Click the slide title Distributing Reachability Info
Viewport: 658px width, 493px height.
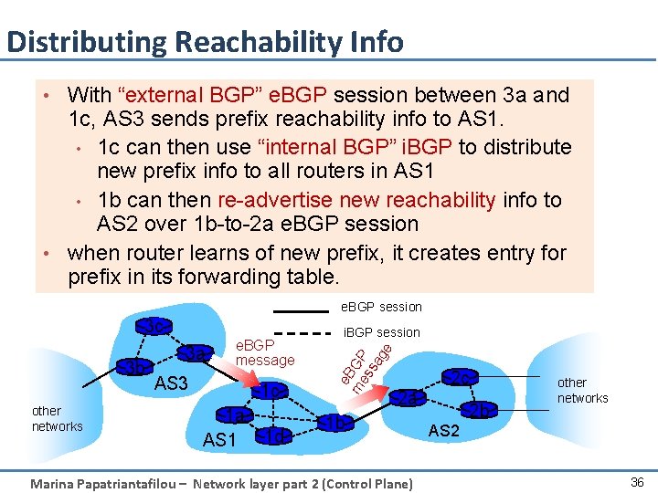204,42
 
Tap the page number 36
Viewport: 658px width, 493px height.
637,481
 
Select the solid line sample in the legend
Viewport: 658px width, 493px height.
301,308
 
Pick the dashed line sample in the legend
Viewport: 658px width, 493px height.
301,333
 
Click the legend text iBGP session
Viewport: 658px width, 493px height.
381,332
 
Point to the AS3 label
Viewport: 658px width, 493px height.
171,384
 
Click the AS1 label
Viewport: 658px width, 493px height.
219,440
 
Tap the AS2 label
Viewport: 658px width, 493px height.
443,430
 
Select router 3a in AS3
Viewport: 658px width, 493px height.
196,353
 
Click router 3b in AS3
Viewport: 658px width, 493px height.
135,367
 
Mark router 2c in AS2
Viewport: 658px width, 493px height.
461,376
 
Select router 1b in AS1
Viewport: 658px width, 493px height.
336,423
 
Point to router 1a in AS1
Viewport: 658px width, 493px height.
236,415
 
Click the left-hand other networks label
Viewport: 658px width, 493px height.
57,418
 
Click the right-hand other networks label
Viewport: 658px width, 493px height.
582,390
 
